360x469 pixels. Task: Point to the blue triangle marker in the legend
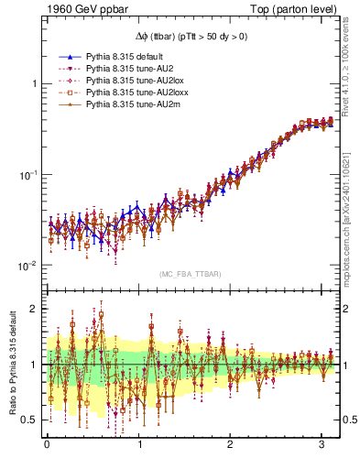[x=70, y=57]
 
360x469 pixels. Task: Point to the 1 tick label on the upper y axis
[x=34, y=83]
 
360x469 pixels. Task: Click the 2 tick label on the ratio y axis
[x=34, y=309]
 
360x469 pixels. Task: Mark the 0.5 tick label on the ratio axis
[x=30, y=420]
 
